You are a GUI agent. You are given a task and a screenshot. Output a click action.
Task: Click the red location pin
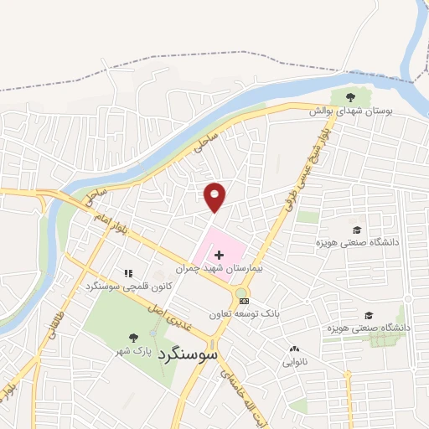[215, 196]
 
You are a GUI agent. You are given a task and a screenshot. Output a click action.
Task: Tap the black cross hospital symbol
[220, 254]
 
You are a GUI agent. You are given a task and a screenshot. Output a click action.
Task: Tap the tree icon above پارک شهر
[132, 338]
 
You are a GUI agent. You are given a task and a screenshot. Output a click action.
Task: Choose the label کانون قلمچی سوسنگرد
[128, 287]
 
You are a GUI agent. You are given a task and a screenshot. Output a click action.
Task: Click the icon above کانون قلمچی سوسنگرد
[128, 273]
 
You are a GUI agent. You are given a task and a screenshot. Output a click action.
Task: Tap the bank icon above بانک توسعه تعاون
[244, 301]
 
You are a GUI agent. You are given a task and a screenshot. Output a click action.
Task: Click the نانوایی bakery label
[294, 363]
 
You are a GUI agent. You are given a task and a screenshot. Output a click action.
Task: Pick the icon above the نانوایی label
[294, 349]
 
